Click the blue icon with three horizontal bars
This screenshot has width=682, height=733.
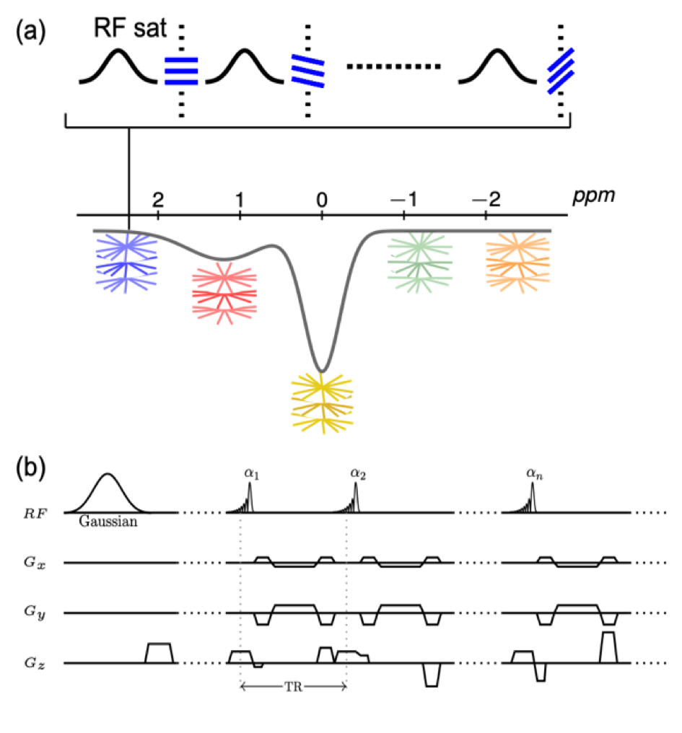pos(181,71)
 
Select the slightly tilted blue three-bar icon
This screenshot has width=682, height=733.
pos(308,71)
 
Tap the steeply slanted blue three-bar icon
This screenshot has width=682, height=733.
pos(561,71)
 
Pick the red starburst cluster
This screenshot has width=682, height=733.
pos(224,293)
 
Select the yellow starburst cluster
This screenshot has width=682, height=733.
pos(323,403)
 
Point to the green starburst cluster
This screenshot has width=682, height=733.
pos(420,263)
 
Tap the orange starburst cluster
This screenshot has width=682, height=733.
pos(517,263)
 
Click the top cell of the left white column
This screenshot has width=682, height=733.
pos(201,493)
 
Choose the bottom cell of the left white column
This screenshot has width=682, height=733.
pos(201,690)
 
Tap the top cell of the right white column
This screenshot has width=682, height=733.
pos(477,493)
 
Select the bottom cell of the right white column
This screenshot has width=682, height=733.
pos(477,690)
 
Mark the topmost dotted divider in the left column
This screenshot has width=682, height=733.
pos(201,513)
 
